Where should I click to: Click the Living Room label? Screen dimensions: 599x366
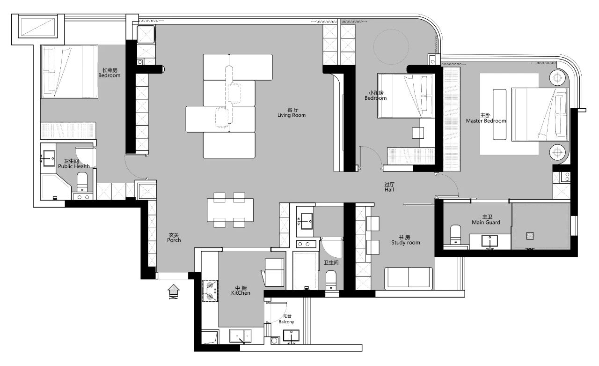292,115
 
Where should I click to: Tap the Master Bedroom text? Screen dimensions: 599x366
486,121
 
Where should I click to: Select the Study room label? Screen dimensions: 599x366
405,243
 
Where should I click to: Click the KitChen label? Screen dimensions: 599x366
241,293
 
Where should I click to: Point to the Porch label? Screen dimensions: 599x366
174,240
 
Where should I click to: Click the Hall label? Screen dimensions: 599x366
389,189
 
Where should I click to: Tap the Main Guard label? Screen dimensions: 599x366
486,222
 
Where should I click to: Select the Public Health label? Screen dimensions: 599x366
74,166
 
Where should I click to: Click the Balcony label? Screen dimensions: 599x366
286,322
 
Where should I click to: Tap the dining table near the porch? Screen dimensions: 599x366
230,210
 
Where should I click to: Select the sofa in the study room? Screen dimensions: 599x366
409,278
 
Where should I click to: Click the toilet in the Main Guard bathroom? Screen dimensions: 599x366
456,235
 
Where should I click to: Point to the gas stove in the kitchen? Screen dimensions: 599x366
210,291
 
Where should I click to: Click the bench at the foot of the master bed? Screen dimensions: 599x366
499,114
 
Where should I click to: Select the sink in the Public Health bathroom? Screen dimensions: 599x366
49,158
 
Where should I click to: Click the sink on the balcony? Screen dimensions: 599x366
291,336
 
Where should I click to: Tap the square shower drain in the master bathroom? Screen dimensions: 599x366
530,236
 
